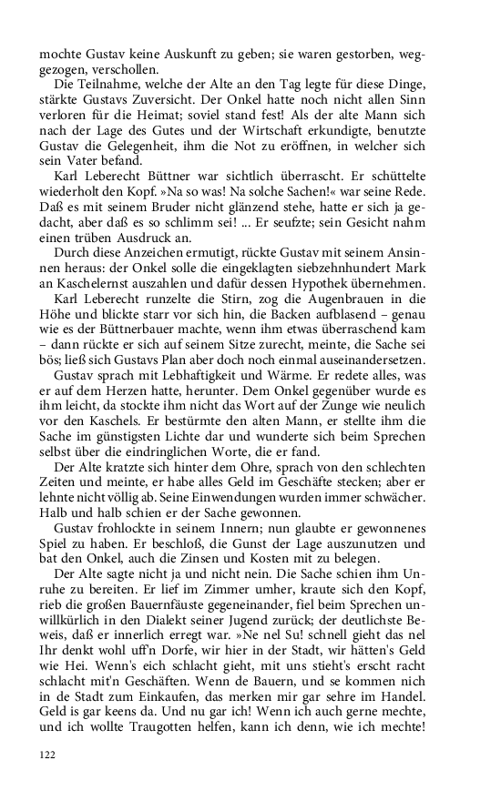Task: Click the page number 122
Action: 47,755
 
